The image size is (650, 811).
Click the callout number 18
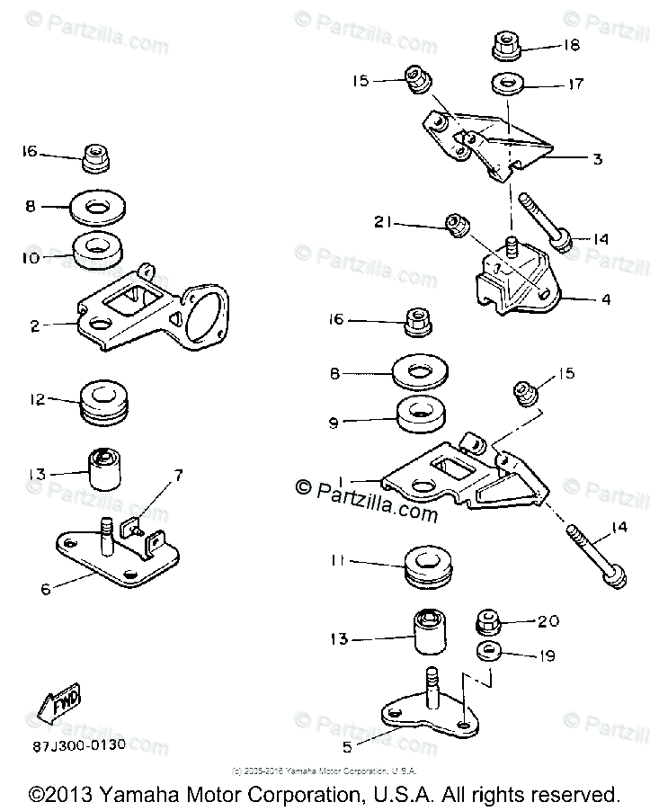tap(571, 44)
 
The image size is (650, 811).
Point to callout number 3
tap(597, 158)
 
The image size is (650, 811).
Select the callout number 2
tap(35, 326)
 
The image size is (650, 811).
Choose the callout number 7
tap(177, 474)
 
